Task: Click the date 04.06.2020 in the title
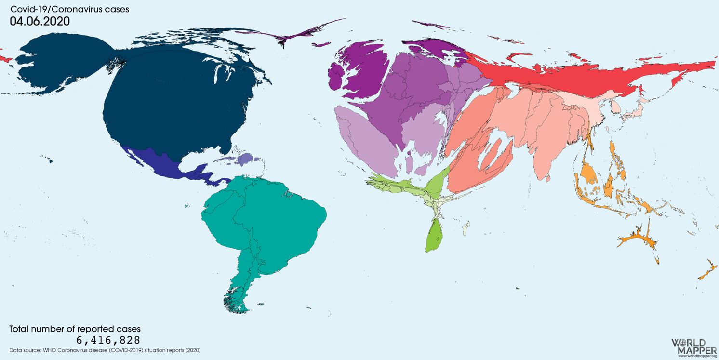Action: (40, 21)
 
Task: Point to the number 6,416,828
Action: (108, 340)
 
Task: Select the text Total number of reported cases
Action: (75, 329)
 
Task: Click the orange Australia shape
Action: (636, 239)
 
